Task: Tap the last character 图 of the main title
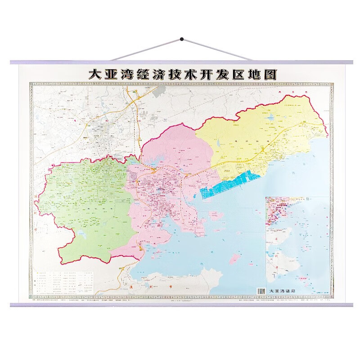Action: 270,75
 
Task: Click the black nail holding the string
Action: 181,40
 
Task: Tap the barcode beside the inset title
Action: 261,291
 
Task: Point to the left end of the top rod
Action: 12,62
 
